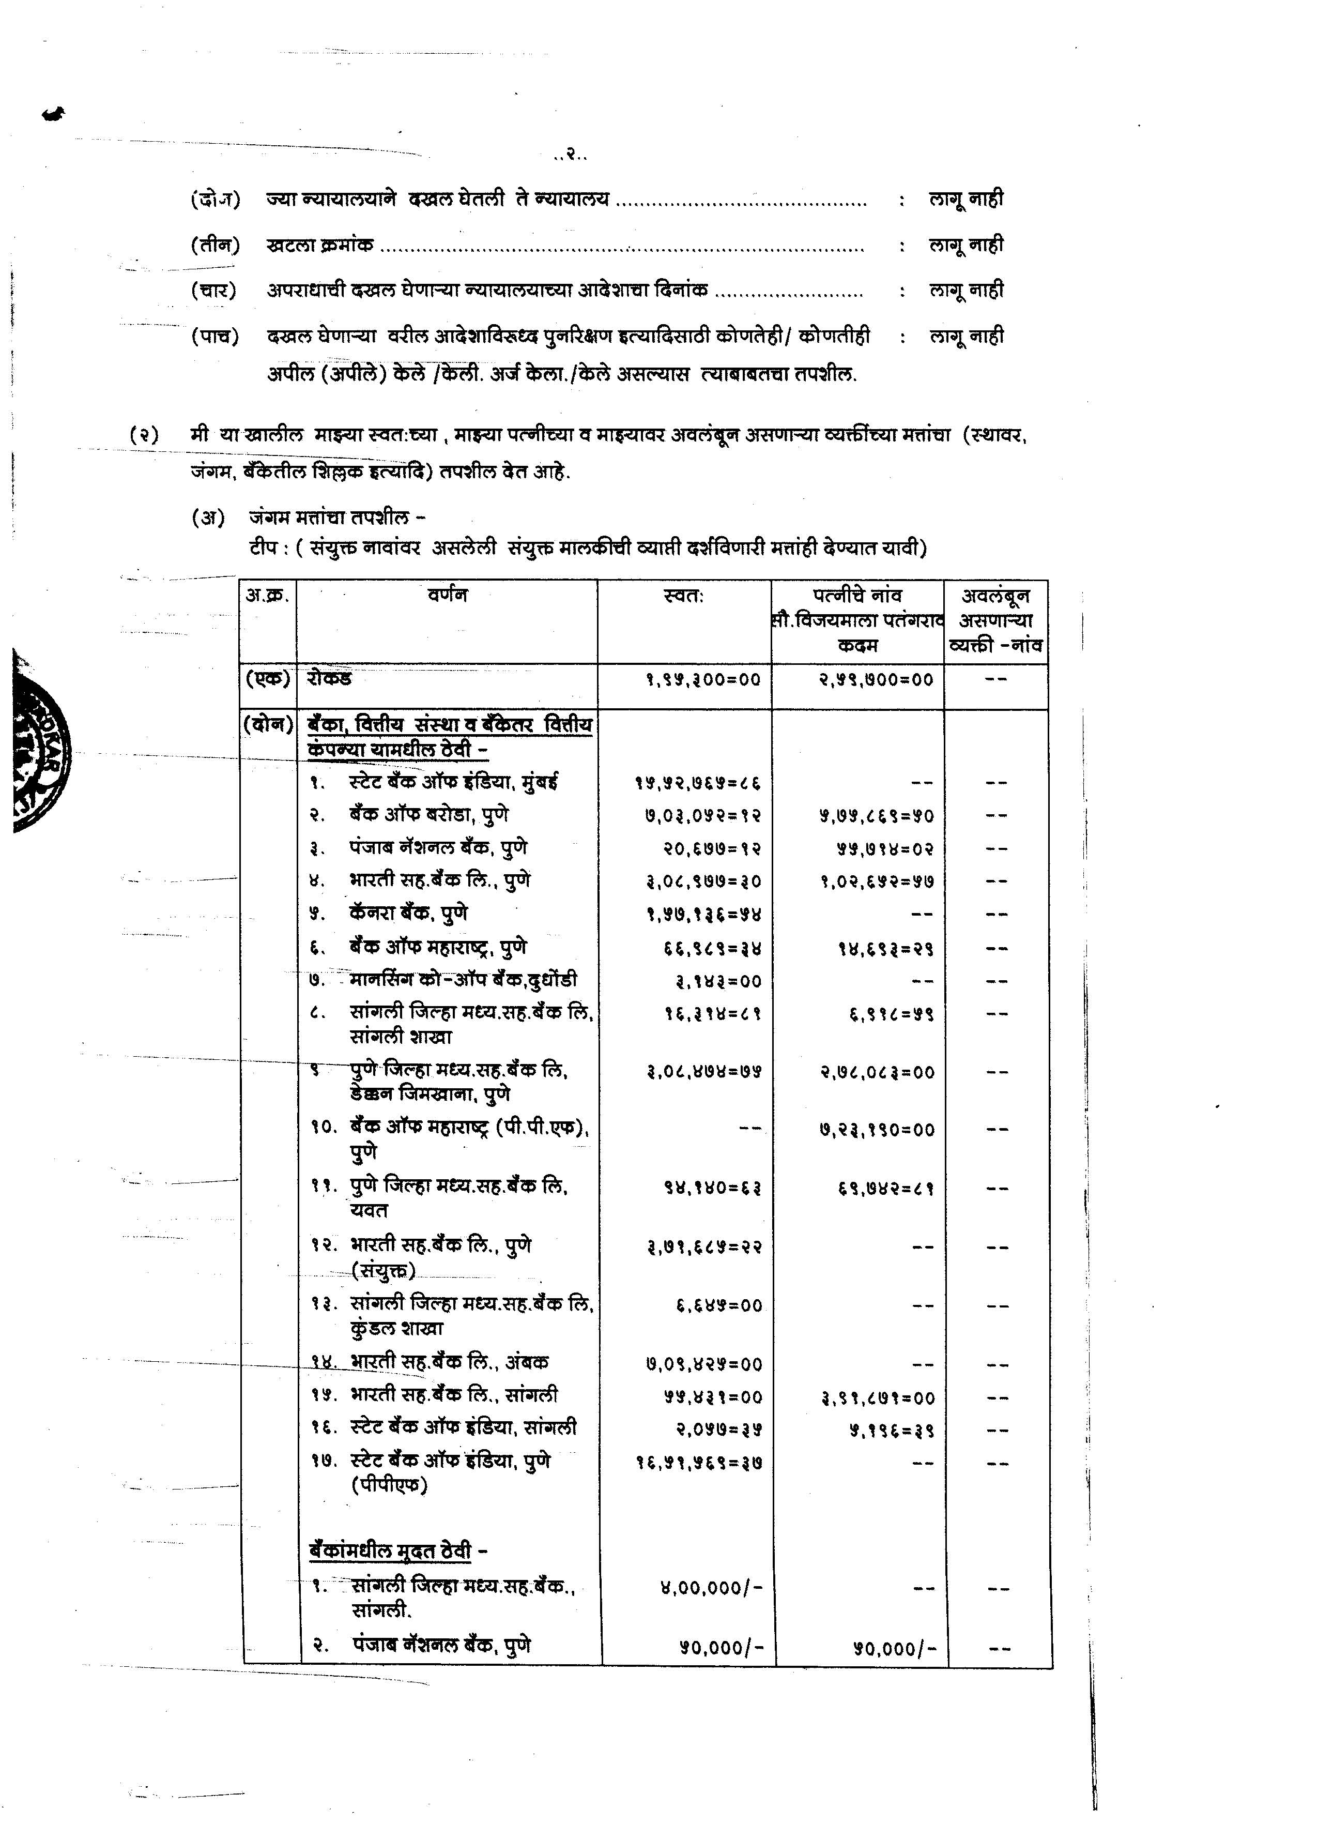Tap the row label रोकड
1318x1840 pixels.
(329, 678)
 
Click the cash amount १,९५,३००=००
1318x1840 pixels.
(703, 680)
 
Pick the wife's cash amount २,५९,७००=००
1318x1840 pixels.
(876, 680)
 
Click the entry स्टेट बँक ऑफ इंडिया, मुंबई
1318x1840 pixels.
(454, 782)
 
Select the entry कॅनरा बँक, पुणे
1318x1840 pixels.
(409, 914)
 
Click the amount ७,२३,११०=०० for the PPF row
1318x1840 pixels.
(876, 1129)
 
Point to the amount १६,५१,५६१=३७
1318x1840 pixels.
(699, 1463)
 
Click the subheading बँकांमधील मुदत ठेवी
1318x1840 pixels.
(391, 1550)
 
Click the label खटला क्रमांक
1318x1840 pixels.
(320, 244)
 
